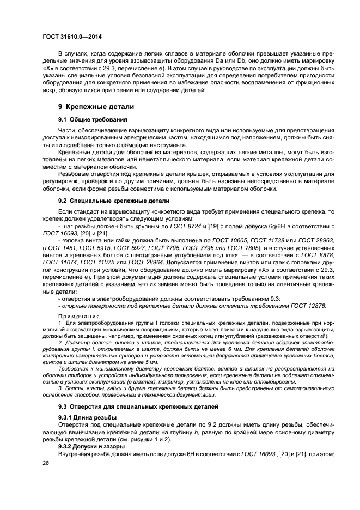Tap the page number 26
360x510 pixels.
[x=46, y=462]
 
